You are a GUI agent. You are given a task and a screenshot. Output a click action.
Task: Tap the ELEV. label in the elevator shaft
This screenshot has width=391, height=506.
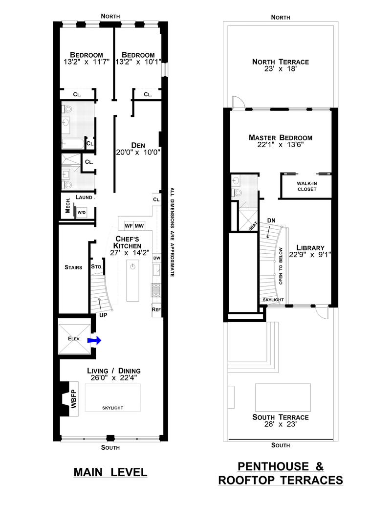pos(74,338)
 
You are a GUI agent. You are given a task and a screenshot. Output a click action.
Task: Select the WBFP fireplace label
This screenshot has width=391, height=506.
pos(74,399)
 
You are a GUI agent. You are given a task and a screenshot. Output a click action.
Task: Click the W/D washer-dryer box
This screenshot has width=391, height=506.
pos(82,212)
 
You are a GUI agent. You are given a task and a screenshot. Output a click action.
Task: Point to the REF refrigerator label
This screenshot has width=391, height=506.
pos(156,309)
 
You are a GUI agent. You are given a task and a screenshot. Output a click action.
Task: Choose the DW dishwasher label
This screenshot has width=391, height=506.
pos(157,258)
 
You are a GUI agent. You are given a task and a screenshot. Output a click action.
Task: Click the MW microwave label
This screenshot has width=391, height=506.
pos(139,226)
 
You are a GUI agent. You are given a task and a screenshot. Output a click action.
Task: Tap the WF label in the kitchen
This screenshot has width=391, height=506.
pos(129,226)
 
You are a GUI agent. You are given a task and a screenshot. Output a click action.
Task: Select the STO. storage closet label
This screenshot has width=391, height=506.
pos(97,266)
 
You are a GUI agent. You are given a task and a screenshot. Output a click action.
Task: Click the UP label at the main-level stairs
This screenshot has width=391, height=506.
pos(103,315)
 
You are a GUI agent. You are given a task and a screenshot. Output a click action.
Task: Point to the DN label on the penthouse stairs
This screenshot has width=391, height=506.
pos(271,220)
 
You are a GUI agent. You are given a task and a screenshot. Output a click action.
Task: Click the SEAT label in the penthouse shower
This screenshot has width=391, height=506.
pos(253,226)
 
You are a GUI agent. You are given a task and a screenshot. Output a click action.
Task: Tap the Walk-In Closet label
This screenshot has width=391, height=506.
pos(307,186)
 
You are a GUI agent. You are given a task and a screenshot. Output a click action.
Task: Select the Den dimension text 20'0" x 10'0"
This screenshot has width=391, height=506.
pos(138,153)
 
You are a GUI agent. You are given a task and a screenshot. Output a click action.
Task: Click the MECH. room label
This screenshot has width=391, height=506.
pos(68,205)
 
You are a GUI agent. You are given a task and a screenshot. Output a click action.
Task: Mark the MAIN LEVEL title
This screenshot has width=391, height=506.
pos(110,472)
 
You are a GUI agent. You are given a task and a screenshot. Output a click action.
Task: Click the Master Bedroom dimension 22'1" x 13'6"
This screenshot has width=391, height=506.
pos(281,145)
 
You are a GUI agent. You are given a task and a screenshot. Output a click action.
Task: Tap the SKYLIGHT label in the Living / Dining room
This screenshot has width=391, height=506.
pos(112,408)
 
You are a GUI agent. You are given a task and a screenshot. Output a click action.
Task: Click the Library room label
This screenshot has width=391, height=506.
pos(310,248)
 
